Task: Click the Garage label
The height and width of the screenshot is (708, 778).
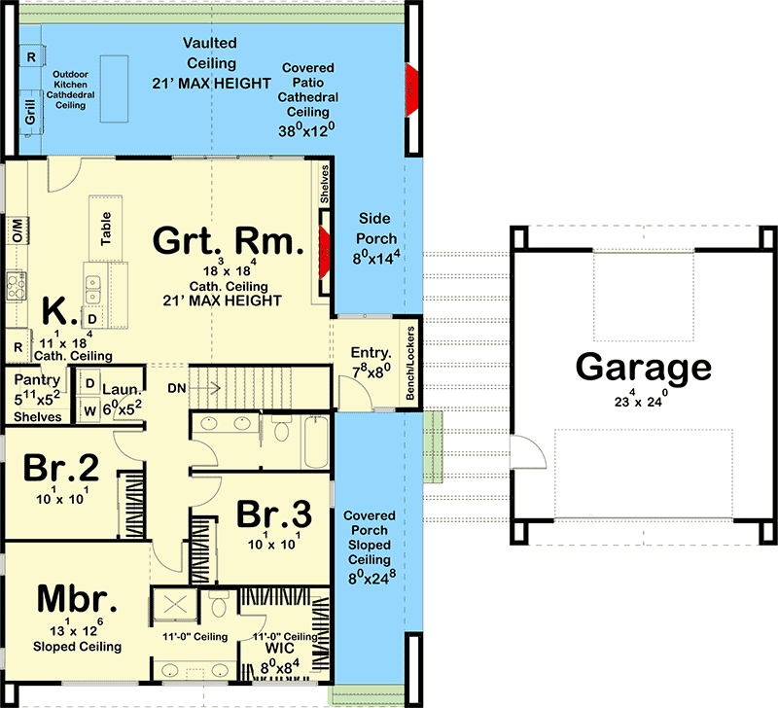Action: [644, 368]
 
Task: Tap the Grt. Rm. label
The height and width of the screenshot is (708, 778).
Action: [228, 241]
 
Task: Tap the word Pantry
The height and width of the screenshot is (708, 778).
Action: [36, 380]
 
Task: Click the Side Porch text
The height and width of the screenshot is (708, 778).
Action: [374, 230]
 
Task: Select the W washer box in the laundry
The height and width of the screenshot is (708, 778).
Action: [88, 410]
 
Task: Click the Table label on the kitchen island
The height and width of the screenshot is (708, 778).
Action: [106, 230]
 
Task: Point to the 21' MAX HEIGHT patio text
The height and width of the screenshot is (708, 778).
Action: [211, 84]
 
